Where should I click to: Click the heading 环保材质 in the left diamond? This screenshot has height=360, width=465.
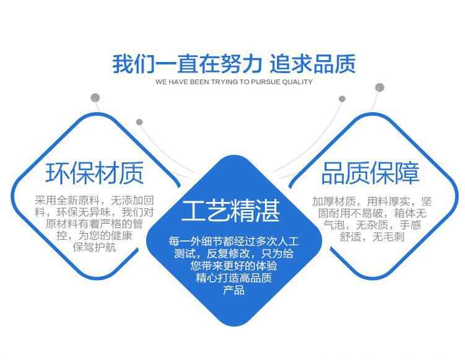click(x=95, y=173)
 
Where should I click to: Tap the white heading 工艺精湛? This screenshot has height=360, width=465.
click(x=231, y=211)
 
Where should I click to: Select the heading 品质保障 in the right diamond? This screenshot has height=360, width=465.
click(x=370, y=173)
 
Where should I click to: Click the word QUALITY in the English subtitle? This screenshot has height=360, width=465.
click(x=297, y=82)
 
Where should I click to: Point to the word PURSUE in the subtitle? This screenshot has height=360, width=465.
click(x=266, y=82)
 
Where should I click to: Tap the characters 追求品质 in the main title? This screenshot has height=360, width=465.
click(x=313, y=64)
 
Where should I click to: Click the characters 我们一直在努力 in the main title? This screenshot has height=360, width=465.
click(x=187, y=64)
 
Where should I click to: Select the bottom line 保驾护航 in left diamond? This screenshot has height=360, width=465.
click(x=94, y=247)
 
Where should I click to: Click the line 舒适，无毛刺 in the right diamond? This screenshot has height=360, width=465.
click(x=372, y=237)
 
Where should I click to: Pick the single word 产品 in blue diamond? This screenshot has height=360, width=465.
click(x=233, y=290)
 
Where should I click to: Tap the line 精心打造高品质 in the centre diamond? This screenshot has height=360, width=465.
click(x=233, y=278)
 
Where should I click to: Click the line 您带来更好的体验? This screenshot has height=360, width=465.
click(x=233, y=265)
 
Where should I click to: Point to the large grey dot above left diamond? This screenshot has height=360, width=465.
click(x=95, y=98)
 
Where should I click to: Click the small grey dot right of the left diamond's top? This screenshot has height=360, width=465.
click(x=139, y=122)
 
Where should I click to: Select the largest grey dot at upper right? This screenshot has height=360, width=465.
click(x=380, y=87)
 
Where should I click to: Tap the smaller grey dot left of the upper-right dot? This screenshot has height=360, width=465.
click(x=342, y=99)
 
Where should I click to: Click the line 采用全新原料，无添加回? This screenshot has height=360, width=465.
click(x=94, y=200)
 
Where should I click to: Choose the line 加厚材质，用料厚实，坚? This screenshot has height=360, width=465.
click(x=372, y=201)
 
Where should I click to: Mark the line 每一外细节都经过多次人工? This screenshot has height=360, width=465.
click(x=233, y=241)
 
